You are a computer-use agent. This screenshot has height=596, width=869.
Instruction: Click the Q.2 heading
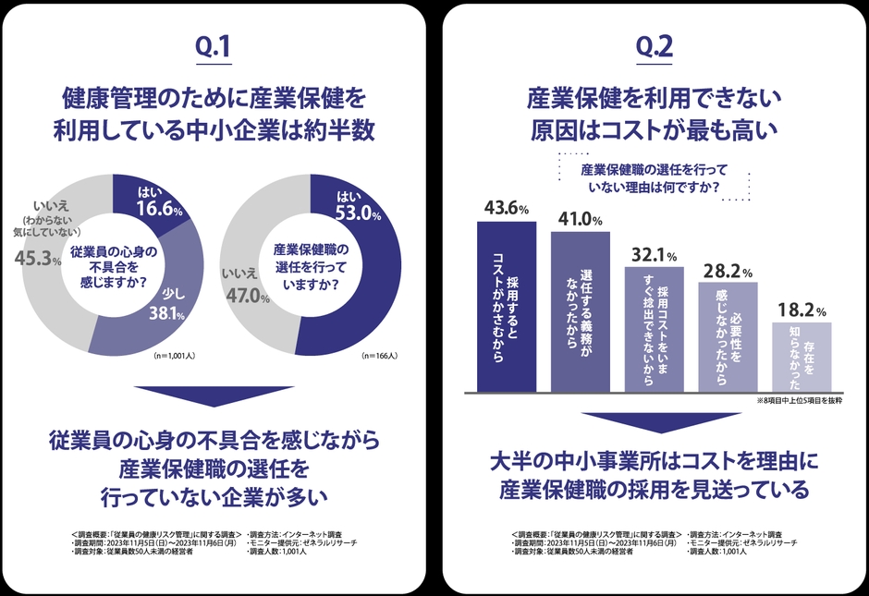[655, 48]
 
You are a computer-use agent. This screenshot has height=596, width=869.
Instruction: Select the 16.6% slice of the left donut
[149, 205]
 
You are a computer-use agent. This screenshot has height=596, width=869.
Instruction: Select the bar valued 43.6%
[507, 305]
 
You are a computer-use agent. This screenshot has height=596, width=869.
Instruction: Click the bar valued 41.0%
[580, 311]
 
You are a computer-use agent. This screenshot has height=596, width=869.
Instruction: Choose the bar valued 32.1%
[654, 329]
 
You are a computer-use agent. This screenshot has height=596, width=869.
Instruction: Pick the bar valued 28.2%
[728, 336]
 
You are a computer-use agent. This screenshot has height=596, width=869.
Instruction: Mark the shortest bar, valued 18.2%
[802, 357]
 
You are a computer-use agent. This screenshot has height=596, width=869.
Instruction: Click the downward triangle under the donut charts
[214, 395]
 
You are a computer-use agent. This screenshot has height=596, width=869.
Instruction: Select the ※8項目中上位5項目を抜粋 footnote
[799, 400]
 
